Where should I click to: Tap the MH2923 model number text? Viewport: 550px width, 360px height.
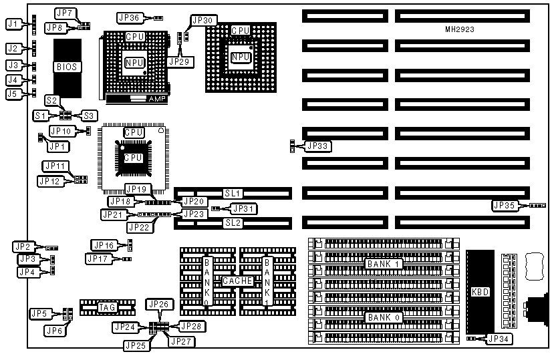pyautogui.click(x=460, y=29)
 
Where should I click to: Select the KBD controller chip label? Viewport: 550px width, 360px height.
pyautogui.click(x=480, y=292)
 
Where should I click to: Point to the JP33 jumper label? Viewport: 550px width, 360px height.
pyautogui.click(x=318, y=146)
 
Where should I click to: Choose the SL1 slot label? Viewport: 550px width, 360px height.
pyautogui.click(x=232, y=193)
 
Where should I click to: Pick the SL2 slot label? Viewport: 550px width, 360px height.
pyautogui.click(x=232, y=222)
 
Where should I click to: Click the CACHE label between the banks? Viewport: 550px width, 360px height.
pyautogui.click(x=237, y=281)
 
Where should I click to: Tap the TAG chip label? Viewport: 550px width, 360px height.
pyautogui.click(x=107, y=307)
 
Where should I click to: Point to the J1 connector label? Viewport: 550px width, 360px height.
pyautogui.click(x=13, y=24)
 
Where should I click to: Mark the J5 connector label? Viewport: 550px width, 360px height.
pyautogui.click(x=13, y=94)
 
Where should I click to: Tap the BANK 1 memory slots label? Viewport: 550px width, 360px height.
pyautogui.click(x=383, y=264)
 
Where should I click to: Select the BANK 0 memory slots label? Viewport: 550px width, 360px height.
pyautogui.click(x=383, y=317)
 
